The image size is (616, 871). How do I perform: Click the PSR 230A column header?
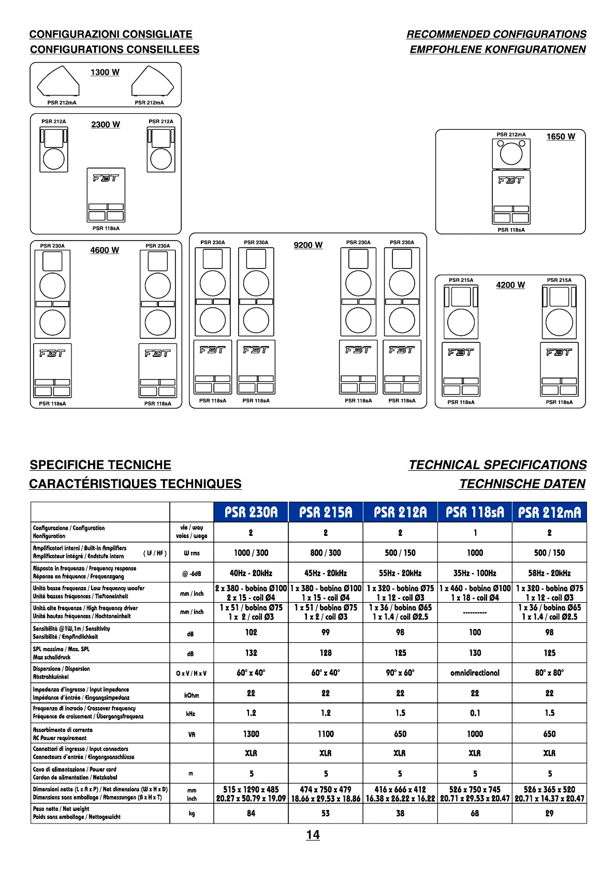(x=251, y=512)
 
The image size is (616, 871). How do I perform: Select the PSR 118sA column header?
(x=475, y=512)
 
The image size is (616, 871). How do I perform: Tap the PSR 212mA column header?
(x=549, y=512)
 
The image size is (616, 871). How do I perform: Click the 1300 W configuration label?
(x=105, y=72)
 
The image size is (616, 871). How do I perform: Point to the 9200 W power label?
(x=308, y=245)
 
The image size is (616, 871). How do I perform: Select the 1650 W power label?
(x=561, y=137)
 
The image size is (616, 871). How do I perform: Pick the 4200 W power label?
(x=510, y=285)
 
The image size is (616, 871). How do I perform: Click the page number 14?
(x=313, y=835)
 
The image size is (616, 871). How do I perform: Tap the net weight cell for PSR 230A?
(x=251, y=813)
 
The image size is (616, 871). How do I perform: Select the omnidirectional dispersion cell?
(x=475, y=673)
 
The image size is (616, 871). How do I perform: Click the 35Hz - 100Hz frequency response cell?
(x=475, y=573)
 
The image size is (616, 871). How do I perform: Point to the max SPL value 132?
(x=251, y=653)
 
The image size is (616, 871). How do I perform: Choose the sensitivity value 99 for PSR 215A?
(x=326, y=632)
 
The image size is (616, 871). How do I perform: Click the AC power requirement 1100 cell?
(x=326, y=733)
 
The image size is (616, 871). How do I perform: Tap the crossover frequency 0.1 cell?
(x=475, y=713)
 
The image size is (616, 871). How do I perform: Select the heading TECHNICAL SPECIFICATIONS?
(x=497, y=465)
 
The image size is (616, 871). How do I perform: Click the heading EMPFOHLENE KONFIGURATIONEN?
(x=497, y=50)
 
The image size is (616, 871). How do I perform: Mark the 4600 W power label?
(x=105, y=250)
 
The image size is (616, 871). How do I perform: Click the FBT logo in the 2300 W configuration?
(x=106, y=178)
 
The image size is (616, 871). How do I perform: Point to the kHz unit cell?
(x=191, y=714)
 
